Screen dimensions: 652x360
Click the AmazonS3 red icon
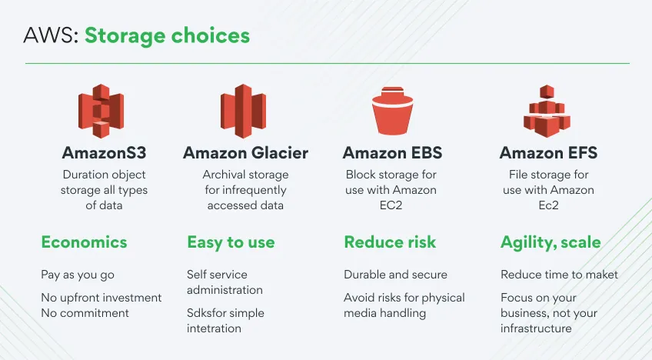coord(101,111)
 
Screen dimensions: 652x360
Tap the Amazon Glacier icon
coord(243,111)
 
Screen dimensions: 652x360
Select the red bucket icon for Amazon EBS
coord(393,111)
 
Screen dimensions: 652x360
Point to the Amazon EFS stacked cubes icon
coord(547,111)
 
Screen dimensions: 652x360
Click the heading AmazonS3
coord(104,153)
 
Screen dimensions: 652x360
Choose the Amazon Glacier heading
coord(245,153)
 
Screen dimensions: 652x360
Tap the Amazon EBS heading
coord(392,153)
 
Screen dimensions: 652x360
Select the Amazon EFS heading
coord(548,153)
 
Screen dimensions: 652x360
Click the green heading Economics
coord(84,242)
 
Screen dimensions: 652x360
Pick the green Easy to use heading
coord(231,242)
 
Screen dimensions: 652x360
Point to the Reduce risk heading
coord(390,242)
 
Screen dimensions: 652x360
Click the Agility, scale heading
coord(551,242)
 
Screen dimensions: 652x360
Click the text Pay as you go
coord(78,275)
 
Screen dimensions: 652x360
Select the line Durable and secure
coord(395,275)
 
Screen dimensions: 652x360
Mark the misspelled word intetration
coord(214,328)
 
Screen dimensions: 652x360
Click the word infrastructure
coord(536,328)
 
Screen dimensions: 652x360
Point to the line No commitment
coord(85,313)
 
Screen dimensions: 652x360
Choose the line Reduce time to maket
coord(559,275)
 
